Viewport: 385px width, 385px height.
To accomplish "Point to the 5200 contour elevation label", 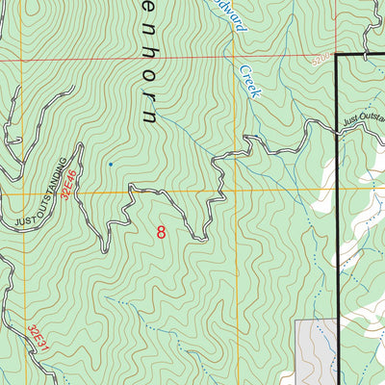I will pos(321,59).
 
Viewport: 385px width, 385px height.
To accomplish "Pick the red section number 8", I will pos(161,232).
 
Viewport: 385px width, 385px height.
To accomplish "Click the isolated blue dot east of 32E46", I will pos(111,165).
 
